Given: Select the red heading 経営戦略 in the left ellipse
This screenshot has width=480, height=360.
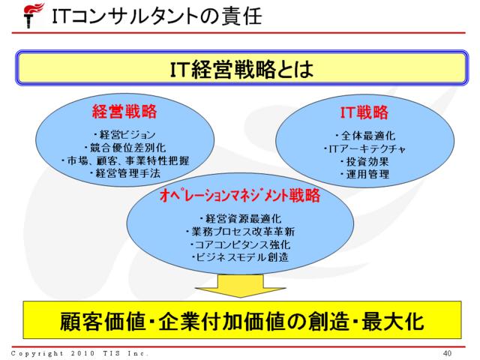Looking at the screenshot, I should (x=124, y=112).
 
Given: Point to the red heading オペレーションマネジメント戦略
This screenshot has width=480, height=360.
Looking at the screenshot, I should (x=240, y=196).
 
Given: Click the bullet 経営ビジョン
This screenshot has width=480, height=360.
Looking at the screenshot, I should (x=124, y=135).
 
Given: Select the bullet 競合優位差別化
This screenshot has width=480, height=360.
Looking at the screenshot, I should (x=124, y=148).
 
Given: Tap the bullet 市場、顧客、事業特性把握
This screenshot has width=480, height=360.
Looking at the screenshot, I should (x=124, y=160).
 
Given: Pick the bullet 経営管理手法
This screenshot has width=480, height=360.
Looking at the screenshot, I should (x=124, y=173).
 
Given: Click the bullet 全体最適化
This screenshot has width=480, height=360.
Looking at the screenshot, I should (x=364, y=136).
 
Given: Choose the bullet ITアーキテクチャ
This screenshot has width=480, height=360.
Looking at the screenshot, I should (x=364, y=148).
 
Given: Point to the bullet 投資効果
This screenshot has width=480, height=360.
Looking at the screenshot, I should (x=364, y=161).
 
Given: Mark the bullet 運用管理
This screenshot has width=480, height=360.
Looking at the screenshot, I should (x=364, y=174).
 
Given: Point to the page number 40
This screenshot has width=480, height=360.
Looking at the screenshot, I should (x=448, y=352).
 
